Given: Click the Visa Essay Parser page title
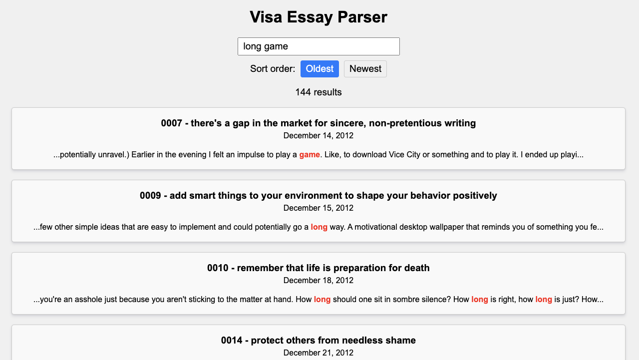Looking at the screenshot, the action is [x=319, y=17].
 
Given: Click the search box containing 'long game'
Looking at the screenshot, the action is [x=319, y=46].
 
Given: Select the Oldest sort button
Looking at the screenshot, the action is [x=319, y=69].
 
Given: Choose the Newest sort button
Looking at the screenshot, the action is [x=365, y=69].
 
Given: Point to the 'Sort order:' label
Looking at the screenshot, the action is [x=273, y=69].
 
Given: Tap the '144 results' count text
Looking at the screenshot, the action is [x=319, y=92].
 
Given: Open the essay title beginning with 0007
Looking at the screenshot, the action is [x=319, y=123].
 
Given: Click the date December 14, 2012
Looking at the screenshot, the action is [x=319, y=135].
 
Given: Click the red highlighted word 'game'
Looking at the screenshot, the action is [x=310, y=155].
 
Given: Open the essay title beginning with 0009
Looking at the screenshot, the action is [x=319, y=195].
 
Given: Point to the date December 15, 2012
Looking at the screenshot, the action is [x=319, y=208].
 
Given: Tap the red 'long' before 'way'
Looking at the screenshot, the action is [x=319, y=227].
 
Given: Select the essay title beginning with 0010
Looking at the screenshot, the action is [x=319, y=268].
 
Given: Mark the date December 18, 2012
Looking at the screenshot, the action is [x=319, y=281].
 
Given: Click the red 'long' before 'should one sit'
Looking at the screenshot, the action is [x=322, y=300].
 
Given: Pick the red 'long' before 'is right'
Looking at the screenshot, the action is [x=480, y=300].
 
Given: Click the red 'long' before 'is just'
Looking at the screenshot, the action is [x=544, y=300].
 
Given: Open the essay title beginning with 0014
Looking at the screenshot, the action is [x=319, y=341].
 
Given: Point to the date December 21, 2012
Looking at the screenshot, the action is [x=319, y=353].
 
